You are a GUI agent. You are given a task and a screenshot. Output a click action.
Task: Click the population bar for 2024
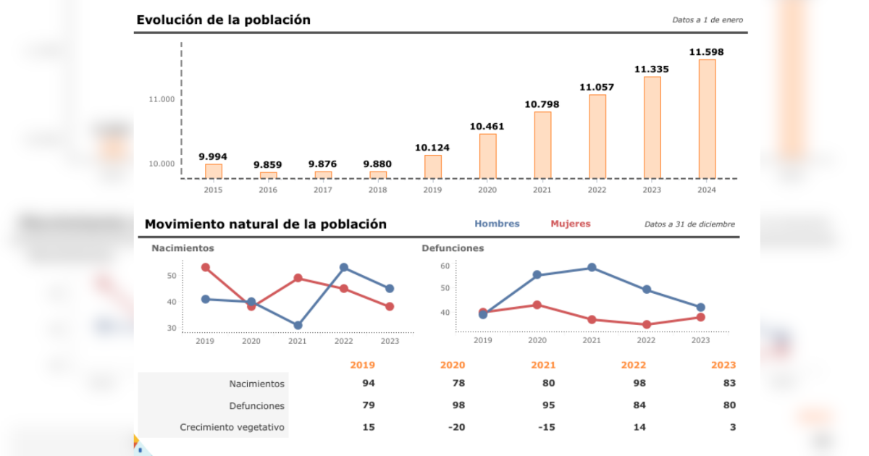[x=707, y=119]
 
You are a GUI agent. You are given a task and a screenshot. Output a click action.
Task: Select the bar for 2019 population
[x=433, y=166]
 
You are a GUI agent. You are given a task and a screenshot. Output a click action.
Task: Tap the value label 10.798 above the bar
[x=542, y=104]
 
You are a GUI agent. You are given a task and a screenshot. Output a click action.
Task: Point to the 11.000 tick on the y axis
[x=161, y=99]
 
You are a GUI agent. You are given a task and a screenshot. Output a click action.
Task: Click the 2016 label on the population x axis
[x=268, y=190]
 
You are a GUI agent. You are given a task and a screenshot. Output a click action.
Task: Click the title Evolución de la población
[x=223, y=20]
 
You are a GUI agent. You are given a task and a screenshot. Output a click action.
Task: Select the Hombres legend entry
[x=497, y=224]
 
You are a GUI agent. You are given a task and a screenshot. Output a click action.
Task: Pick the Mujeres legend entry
[x=571, y=224]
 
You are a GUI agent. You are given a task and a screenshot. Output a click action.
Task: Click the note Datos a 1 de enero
[x=707, y=20]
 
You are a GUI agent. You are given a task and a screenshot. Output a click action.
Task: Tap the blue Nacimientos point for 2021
[x=298, y=326]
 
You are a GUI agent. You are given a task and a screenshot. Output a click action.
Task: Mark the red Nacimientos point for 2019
[x=206, y=268]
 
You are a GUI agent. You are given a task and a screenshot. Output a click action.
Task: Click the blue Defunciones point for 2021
[x=592, y=268]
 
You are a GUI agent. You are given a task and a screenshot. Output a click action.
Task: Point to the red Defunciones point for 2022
[x=647, y=325]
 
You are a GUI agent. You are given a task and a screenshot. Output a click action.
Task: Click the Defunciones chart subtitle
[x=453, y=248]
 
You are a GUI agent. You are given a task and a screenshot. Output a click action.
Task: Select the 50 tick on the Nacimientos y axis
[x=172, y=276]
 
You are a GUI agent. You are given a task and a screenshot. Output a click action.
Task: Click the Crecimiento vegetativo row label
[x=232, y=428]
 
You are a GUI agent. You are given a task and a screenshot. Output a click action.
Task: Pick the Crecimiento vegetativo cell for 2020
[x=456, y=428]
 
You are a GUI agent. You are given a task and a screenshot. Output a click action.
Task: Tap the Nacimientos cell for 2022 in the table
[x=638, y=384]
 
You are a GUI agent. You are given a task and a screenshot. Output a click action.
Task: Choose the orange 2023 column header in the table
[x=723, y=366]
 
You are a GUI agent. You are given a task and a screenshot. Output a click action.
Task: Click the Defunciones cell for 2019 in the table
[x=368, y=406]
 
